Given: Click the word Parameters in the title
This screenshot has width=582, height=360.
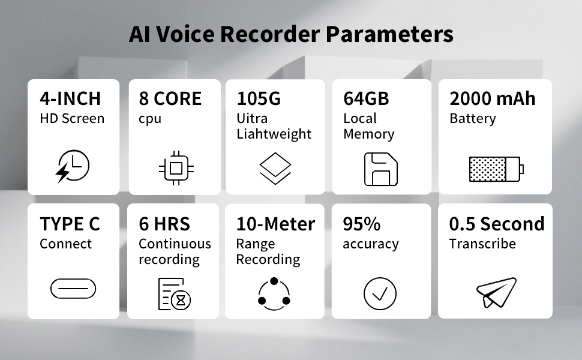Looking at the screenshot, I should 389,34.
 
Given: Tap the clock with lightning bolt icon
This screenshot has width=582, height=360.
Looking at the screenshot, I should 73,166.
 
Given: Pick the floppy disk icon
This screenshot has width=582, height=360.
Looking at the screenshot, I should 381,169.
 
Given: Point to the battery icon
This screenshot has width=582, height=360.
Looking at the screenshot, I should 496,169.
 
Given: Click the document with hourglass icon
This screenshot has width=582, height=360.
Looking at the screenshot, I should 172,293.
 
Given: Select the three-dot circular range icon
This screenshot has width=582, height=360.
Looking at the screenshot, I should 274,293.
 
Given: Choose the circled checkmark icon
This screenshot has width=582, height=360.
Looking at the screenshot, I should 380,294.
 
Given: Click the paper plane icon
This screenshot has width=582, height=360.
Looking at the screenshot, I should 496,293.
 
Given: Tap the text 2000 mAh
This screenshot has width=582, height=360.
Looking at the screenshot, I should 492,98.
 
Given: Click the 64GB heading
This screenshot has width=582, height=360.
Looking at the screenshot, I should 366,98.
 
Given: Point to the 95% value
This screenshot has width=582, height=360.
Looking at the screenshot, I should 361,224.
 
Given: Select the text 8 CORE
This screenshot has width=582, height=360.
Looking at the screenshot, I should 170,98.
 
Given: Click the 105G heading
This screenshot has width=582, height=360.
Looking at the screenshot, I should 259,98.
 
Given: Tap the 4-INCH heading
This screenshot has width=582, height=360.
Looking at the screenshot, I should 70,98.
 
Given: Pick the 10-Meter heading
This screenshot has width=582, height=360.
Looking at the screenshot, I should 275,224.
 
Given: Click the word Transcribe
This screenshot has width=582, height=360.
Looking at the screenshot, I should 482,244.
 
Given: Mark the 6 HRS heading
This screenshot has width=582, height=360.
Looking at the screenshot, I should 164,224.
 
